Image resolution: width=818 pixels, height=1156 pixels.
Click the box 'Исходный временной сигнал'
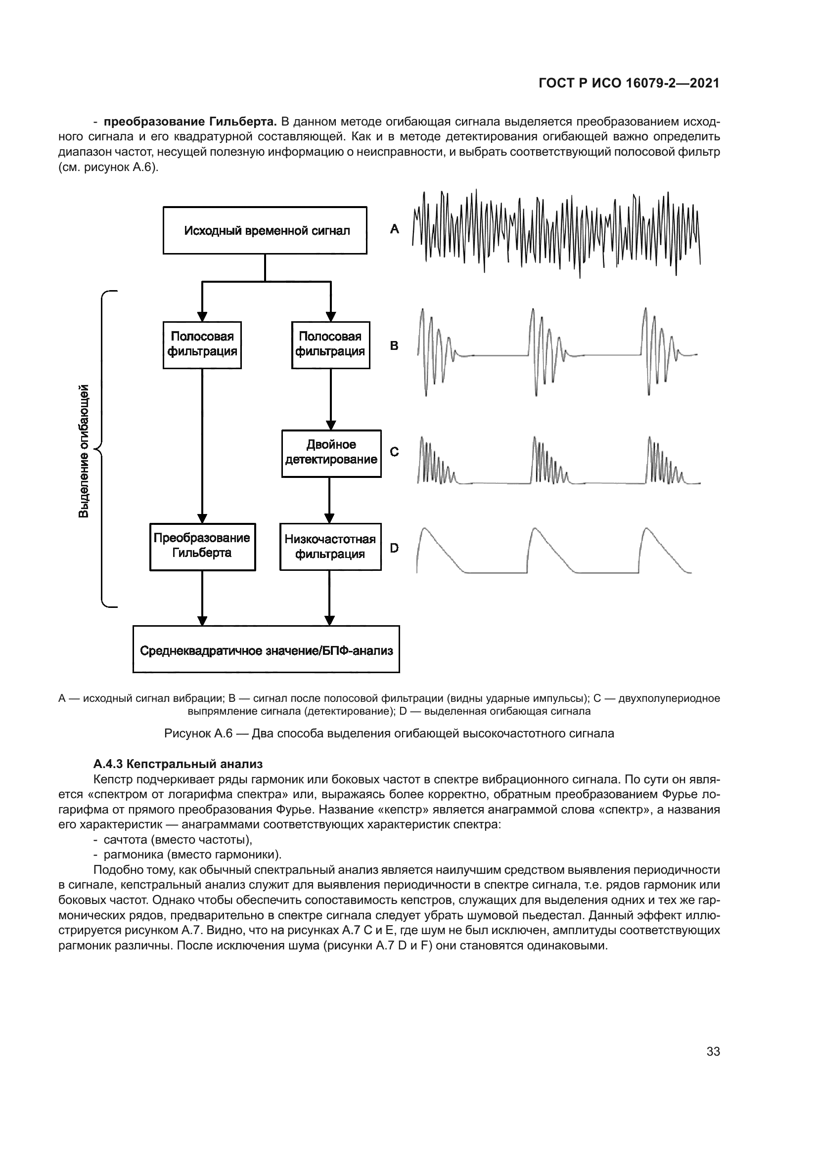[x=265, y=231]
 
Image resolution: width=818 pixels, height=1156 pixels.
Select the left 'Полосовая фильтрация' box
[x=202, y=345]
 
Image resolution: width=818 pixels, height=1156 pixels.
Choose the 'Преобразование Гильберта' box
[x=202, y=546]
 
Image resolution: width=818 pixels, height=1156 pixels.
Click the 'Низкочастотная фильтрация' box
[x=330, y=547]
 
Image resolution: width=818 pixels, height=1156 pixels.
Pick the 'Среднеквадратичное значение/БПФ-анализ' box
[x=266, y=649]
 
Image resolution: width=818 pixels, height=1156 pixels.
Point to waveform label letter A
[x=394, y=229]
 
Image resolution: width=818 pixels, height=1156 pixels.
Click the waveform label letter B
[x=394, y=346]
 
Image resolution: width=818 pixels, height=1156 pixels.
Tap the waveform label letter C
[x=394, y=452]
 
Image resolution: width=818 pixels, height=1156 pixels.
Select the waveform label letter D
[x=394, y=548]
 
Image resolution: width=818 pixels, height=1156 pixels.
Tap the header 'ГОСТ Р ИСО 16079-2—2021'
[x=629, y=84]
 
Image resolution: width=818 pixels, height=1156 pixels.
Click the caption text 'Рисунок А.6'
[x=198, y=733]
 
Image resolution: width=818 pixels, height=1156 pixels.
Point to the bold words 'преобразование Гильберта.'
[x=190, y=122]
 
